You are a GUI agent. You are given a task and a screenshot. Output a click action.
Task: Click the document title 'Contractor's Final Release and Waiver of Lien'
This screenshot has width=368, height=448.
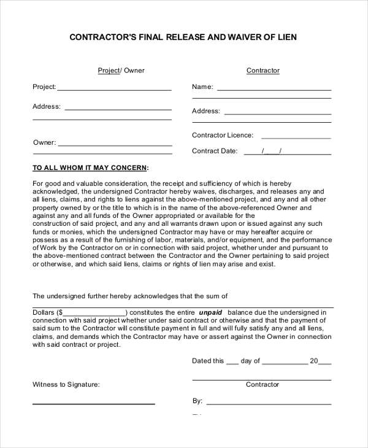point(183,37)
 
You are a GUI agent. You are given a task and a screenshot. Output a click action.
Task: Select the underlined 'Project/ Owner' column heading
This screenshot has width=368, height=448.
point(121,71)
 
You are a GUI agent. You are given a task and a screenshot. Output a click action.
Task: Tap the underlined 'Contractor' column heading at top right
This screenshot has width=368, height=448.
point(263,71)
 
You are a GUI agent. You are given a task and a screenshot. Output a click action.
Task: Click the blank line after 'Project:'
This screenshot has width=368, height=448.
point(114,90)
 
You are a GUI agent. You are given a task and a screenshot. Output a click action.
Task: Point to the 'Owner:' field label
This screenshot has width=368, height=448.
point(44,142)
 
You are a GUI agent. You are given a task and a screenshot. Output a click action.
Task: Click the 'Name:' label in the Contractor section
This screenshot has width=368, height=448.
point(202,87)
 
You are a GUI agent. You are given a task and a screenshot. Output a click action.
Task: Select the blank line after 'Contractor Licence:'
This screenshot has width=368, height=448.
point(296,137)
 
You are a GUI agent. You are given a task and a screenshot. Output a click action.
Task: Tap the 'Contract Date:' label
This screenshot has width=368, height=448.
point(214,151)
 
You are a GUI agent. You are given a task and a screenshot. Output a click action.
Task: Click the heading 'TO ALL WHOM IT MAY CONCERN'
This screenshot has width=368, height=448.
point(90,168)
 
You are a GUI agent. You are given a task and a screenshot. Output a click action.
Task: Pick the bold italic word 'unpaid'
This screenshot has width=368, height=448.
point(210,312)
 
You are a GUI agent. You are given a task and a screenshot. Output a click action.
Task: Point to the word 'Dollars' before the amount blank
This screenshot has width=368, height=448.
point(44,312)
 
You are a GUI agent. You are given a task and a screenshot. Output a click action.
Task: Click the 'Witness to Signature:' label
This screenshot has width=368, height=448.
point(66,385)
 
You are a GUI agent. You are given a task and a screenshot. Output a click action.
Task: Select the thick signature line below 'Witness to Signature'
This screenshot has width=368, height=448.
point(93,404)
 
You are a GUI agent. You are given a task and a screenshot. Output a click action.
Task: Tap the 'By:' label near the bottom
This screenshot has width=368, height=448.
point(197,401)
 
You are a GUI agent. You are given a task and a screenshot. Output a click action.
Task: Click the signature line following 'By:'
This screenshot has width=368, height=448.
point(269,404)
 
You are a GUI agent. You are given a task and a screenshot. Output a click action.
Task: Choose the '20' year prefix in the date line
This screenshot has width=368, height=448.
point(313,361)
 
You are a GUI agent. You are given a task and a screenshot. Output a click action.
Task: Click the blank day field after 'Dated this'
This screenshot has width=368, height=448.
point(232,363)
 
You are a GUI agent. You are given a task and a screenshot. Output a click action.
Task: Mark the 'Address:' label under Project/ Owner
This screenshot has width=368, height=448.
point(47,107)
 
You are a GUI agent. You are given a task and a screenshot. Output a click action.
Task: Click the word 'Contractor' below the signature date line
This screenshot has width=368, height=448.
point(263,385)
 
